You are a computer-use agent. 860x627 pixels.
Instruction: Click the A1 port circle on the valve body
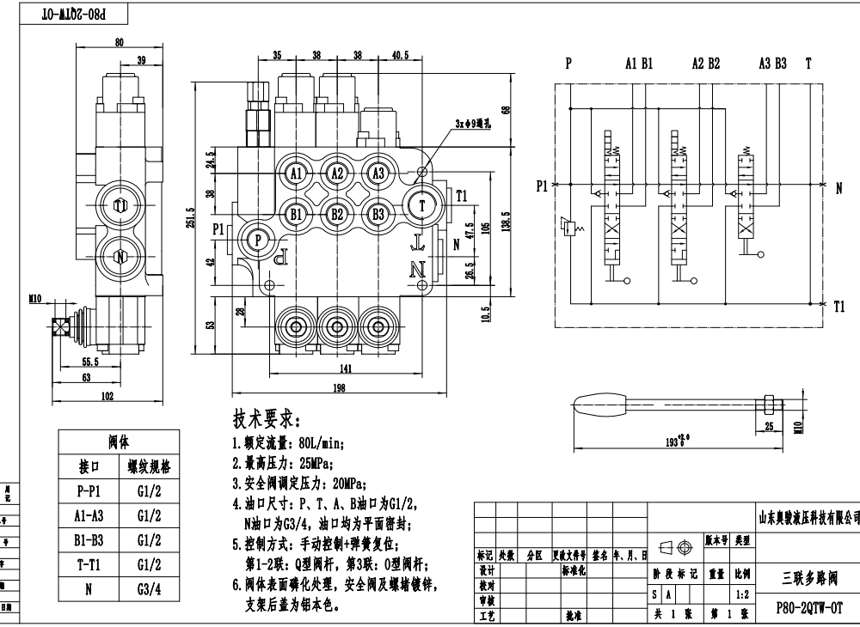[297, 173]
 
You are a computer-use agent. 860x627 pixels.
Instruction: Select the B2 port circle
[337, 213]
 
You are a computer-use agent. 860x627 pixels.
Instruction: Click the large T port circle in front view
[422, 205]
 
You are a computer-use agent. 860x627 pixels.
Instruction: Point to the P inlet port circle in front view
[256, 241]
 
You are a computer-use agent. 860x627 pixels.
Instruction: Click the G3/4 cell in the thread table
[144, 590]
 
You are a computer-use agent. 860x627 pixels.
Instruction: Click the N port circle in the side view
[120, 256]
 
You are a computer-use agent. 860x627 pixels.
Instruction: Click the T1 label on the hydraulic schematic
[839, 306]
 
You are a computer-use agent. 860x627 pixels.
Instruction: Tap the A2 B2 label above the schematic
[705, 63]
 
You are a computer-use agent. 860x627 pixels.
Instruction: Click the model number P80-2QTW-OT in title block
[809, 606]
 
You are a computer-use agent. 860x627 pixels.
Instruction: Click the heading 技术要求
[267, 420]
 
